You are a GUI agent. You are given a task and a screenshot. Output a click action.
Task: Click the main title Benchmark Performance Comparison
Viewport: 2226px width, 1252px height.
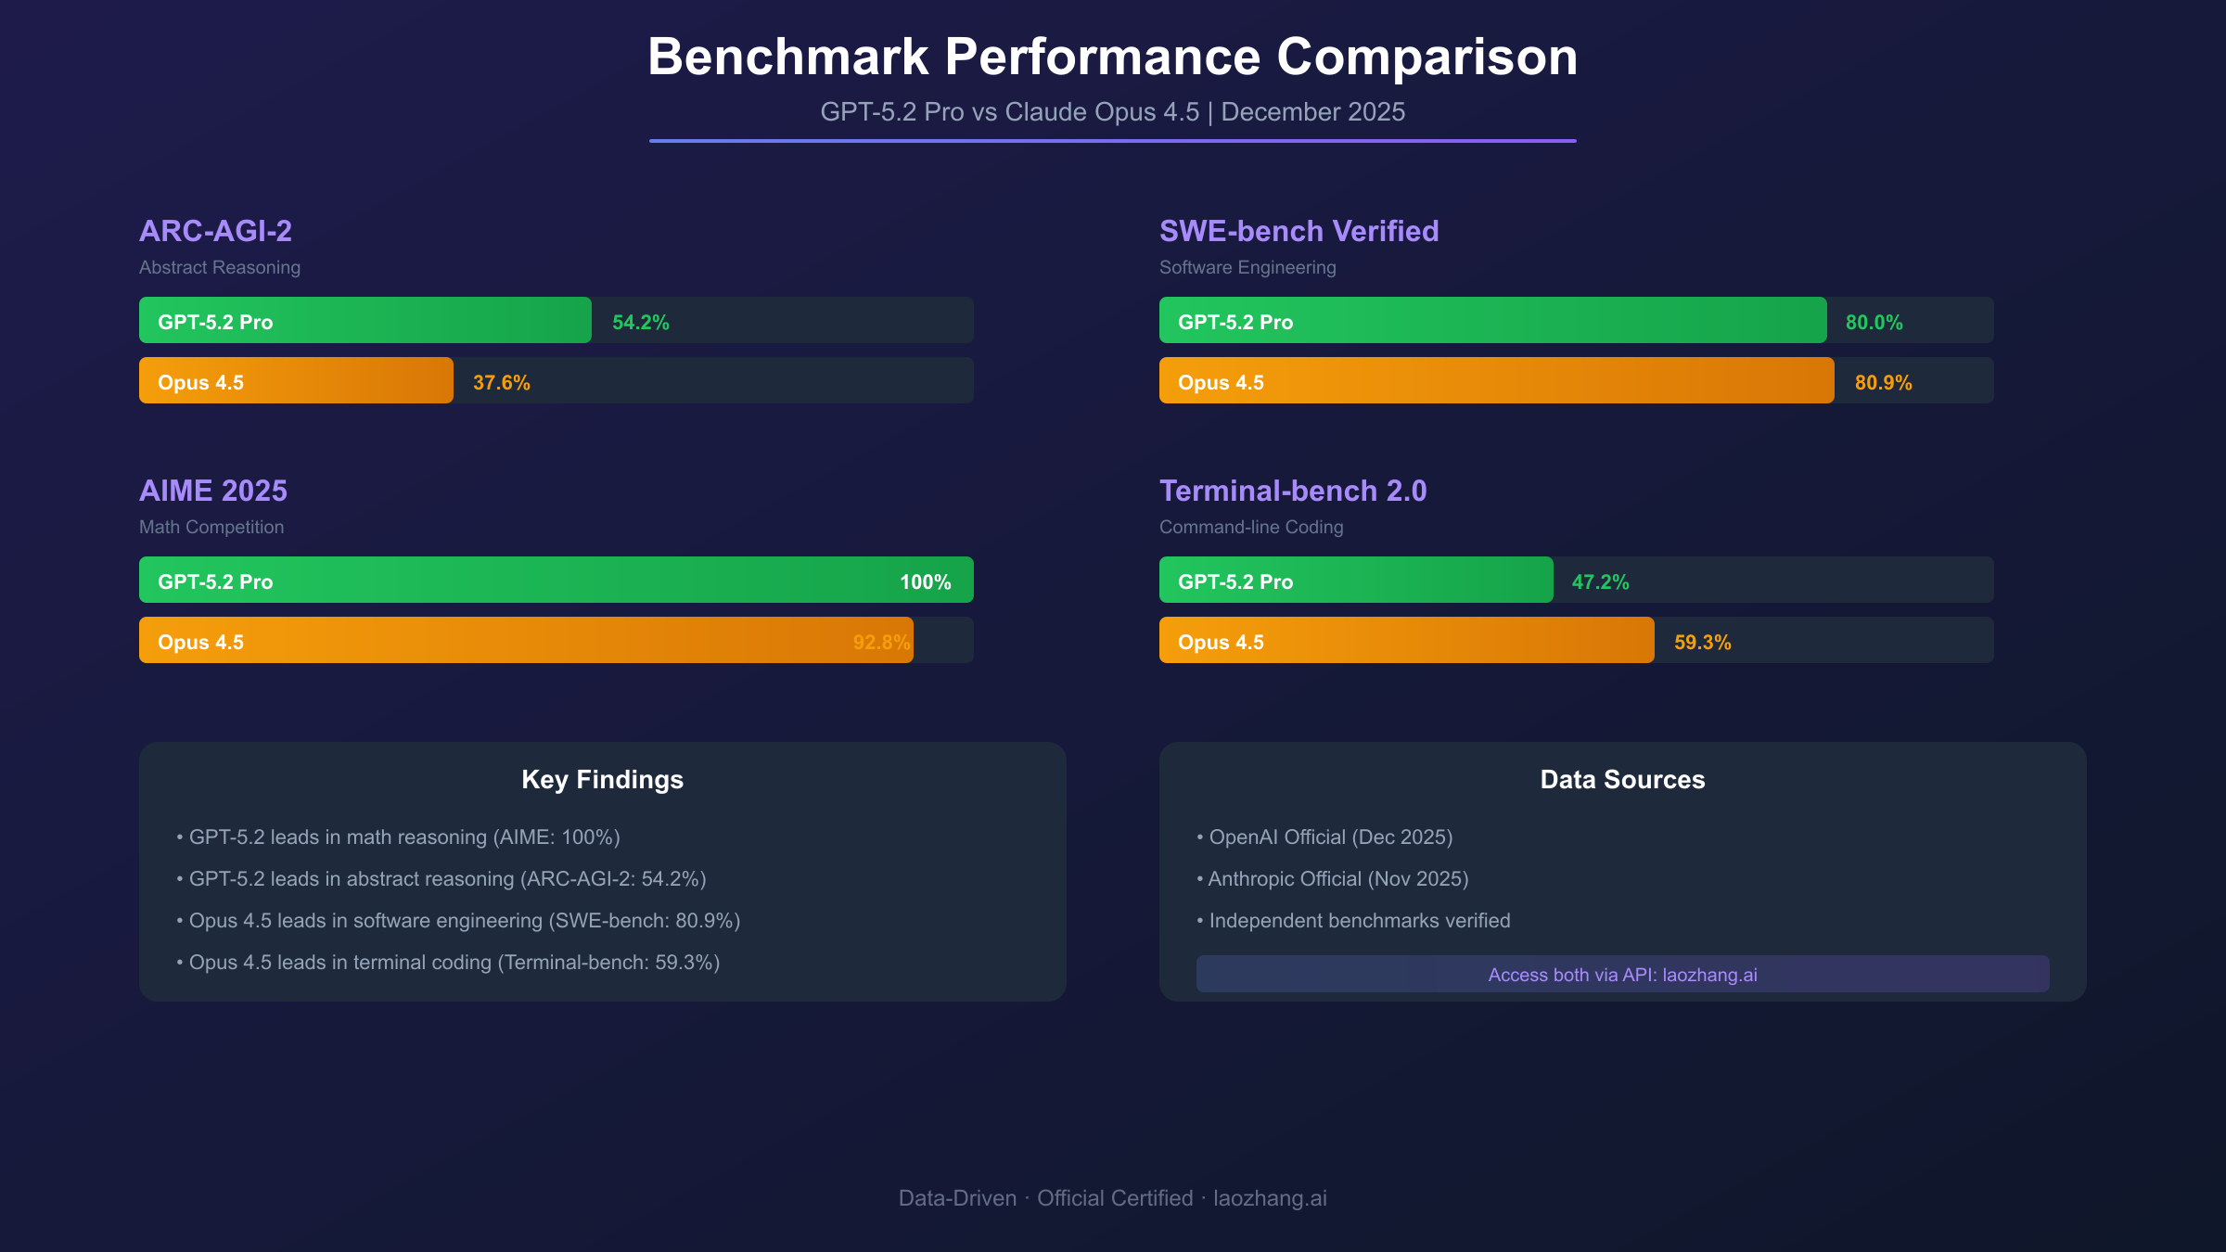[x=1112, y=57]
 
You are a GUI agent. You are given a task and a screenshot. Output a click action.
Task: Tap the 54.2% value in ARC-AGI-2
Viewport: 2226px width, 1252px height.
[x=640, y=322]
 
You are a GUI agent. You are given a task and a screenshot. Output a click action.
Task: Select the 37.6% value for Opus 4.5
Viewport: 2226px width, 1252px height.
[x=501, y=382]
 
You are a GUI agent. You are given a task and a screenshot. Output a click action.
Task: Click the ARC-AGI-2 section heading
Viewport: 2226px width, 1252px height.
[x=215, y=231]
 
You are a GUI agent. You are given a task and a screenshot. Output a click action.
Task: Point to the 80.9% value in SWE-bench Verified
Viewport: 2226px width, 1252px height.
[x=1883, y=382]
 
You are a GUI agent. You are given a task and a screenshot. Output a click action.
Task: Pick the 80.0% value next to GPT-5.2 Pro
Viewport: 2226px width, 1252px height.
[x=1874, y=322]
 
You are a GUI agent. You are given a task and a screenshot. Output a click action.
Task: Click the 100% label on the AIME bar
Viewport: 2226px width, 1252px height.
[x=925, y=581]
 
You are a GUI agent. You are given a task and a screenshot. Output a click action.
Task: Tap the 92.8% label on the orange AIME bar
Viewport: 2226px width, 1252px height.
[x=880, y=642]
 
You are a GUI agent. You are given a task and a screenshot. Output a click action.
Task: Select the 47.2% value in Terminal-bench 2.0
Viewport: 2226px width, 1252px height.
[x=1600, y=581]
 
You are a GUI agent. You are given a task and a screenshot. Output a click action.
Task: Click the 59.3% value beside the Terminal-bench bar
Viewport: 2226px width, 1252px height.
[x=1702, y=642]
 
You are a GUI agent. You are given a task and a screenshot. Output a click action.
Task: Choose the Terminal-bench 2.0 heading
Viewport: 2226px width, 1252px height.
[x=1293, y=491]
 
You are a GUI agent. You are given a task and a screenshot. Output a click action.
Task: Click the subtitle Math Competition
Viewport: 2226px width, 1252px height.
[x=211, y=527]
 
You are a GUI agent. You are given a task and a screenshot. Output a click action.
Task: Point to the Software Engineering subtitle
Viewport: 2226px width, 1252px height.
[x=1247, y=267]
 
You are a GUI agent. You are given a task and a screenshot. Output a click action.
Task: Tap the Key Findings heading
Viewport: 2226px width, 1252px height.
[x=602, y=779]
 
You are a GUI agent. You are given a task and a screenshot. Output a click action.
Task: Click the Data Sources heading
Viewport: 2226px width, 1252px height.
[x=1622, y=779]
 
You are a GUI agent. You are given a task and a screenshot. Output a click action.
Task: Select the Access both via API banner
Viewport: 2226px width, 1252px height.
[x=1622, y=974]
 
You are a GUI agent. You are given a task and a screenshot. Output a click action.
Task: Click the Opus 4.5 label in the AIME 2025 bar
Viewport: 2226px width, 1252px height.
[x=200, y=642]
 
